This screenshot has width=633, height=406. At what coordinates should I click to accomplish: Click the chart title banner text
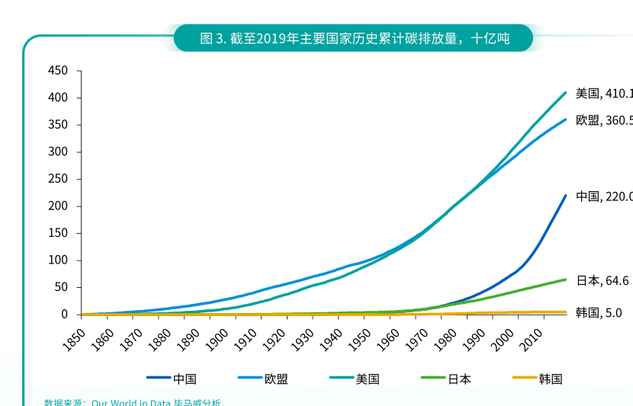pos(354,38)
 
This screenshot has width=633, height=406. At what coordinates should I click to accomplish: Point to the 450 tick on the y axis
pos(59,71)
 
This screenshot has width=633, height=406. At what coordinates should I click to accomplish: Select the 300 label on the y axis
pos(59,152)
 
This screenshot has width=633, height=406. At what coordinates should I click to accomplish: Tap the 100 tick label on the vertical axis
pos(59,261)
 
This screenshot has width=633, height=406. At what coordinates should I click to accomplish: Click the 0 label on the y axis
pos(65,315)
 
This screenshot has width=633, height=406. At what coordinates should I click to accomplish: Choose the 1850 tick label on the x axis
pos(74,335)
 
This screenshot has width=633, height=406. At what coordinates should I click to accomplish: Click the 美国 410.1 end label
pos(603,94)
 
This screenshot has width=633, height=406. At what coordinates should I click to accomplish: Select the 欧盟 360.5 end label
pos(603,120)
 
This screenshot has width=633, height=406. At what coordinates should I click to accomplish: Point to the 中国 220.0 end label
pos(603,197)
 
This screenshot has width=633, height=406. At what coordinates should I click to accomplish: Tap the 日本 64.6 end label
pos(602,281)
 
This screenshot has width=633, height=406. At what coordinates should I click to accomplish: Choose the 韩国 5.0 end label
pos(599,312)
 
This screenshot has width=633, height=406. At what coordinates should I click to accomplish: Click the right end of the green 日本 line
pos(565,280)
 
